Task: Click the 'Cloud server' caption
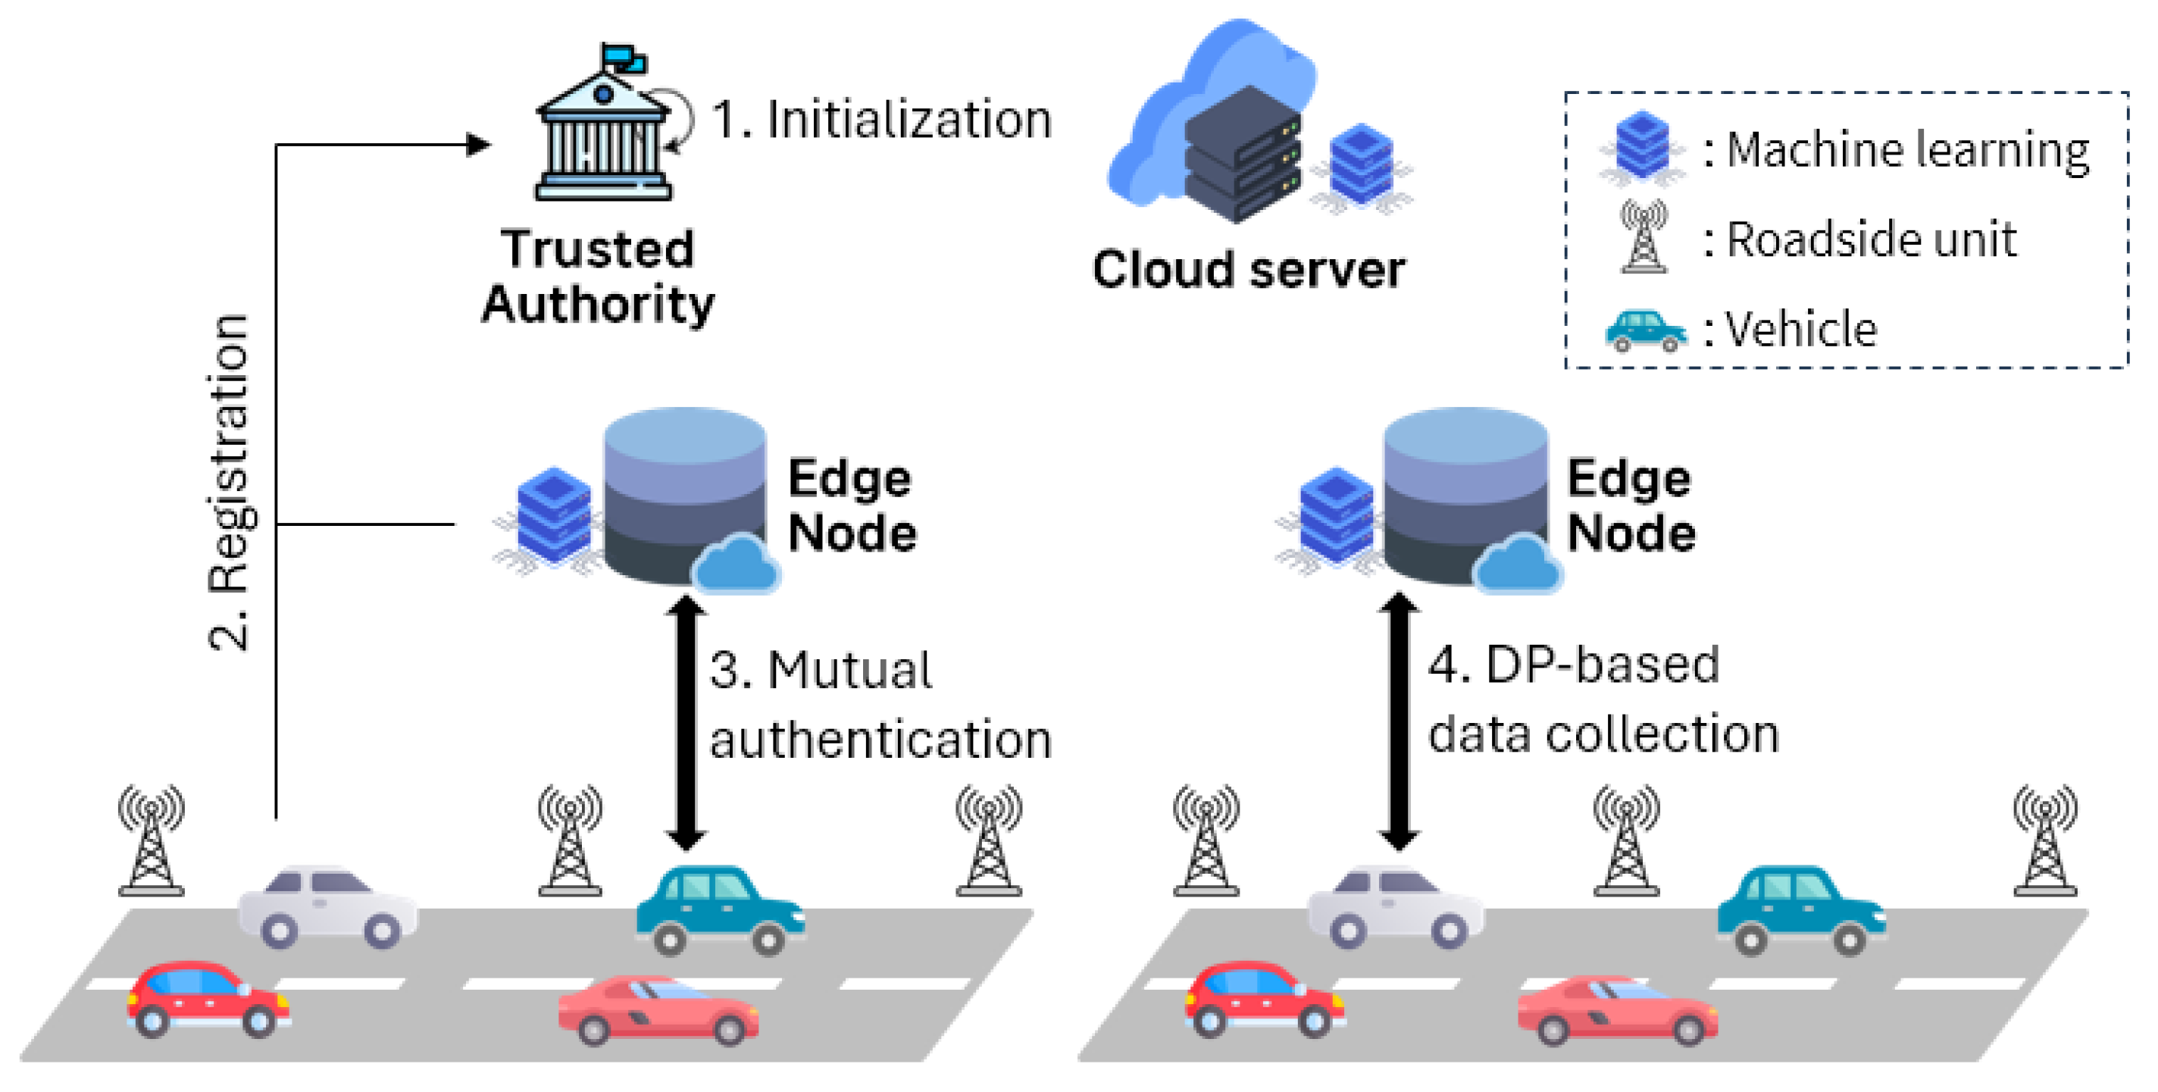[1248, 270]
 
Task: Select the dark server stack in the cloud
[1243, 155]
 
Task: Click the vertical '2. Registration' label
[228, 482]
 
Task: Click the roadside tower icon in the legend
[1644, 236]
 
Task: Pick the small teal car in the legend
[1644, 330]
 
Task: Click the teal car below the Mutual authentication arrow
[719, 909]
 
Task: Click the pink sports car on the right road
[1617, 1010]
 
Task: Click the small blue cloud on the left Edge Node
[736, 565]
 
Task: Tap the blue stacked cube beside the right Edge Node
[1335, 515]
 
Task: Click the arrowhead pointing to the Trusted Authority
[478, 145]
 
